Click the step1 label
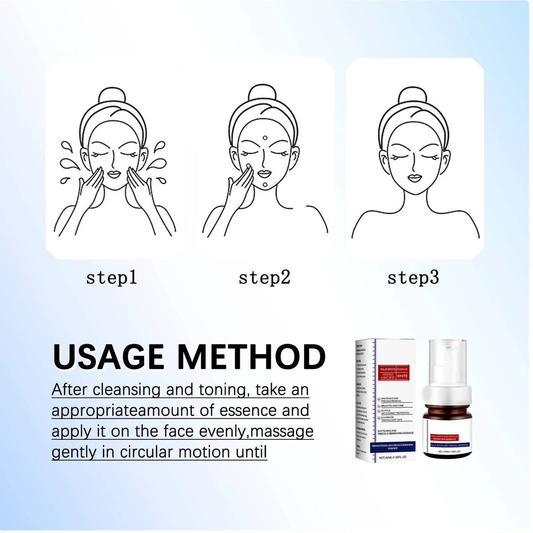pos(111,277)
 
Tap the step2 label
pos(264,277)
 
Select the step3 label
pos(413,277)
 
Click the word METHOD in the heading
pos(252,357)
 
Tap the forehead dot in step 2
pos(265,138)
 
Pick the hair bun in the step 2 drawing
pos(262,93)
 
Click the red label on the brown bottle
pos(444,437)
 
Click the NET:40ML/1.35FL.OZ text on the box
pos(392,457)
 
